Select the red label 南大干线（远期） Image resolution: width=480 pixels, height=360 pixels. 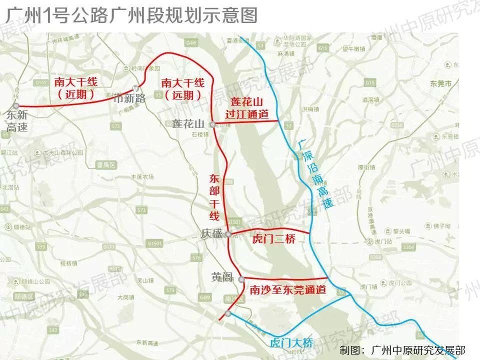(180, 87)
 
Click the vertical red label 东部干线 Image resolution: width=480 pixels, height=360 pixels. (214, 197)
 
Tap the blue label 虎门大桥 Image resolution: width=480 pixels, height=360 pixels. (291, 343)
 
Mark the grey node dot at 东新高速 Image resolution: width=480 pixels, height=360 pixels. (16, 105)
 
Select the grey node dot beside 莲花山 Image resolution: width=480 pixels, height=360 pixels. (212, 124)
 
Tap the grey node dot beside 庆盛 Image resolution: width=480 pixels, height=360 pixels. (228, 234)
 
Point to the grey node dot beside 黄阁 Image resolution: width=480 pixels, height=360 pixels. (241, 278)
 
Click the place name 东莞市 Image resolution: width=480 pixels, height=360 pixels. (444, 83)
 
